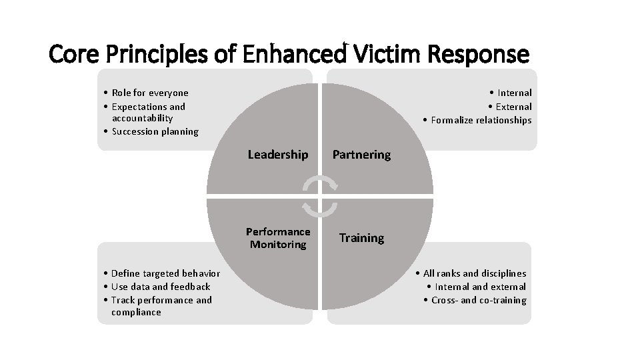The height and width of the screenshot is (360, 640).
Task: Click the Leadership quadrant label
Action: (277, 155)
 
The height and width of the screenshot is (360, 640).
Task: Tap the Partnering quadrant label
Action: (361, 155)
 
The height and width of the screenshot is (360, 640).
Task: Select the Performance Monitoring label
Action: (278, 238)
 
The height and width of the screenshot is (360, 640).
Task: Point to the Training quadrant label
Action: (361, 238)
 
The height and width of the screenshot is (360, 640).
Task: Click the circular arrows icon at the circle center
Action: (320, 197)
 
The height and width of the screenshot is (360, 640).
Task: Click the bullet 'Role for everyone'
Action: (149, 93)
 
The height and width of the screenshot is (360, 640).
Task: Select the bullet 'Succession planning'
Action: (155, 131)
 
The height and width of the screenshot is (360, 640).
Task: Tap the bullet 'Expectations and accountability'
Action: (148, 112)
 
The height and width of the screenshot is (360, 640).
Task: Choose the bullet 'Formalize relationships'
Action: (481, 120)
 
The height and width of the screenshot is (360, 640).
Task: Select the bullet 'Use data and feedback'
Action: (160, 287)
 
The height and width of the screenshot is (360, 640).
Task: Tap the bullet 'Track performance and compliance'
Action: (161, 306)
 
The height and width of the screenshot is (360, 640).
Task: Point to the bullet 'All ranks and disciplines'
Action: (473, 273)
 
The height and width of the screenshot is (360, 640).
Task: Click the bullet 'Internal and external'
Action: (479, 287)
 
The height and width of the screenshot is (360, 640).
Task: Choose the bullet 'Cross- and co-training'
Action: (478, 300)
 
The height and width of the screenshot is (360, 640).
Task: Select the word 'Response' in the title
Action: (483, 53)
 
